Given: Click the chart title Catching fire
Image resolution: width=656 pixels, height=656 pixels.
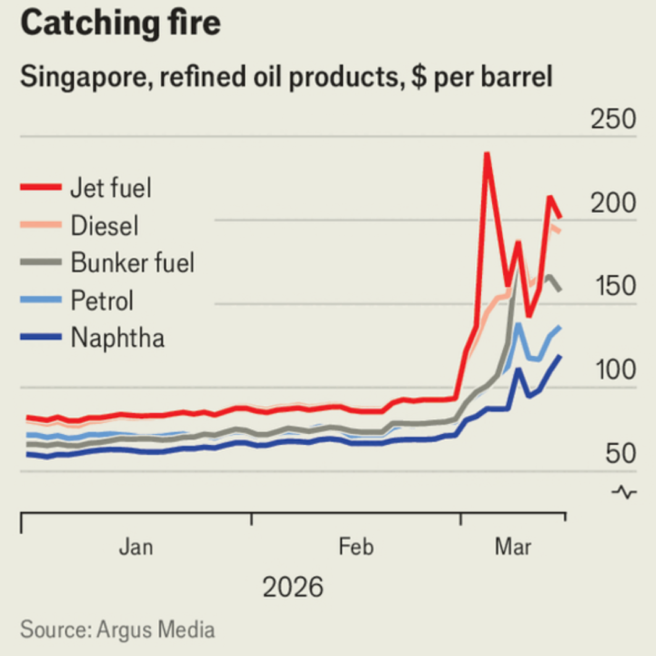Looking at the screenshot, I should [120, 24].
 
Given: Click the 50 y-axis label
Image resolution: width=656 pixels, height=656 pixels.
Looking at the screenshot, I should [620, 455].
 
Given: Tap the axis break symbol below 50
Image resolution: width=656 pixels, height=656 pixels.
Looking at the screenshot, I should [624, 492].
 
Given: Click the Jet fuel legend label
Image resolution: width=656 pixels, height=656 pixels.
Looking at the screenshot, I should [111, 188].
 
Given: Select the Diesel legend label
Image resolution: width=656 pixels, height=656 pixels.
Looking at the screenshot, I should [104, 225].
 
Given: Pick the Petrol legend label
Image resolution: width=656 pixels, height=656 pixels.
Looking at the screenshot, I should [103, 301].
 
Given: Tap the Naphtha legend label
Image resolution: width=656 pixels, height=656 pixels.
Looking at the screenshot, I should [118, 338].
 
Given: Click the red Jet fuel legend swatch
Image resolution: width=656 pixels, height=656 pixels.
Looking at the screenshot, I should [41, 187].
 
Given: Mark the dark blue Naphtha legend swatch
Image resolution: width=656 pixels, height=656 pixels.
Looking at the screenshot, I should [41, 337].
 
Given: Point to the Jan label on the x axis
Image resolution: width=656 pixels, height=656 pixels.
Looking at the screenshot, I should [136, 547].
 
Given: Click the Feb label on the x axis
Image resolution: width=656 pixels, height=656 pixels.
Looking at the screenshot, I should [356, 547].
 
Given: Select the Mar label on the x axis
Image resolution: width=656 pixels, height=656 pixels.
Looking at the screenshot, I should [513, 547].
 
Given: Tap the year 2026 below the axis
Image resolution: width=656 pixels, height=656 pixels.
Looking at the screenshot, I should [293, 587].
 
